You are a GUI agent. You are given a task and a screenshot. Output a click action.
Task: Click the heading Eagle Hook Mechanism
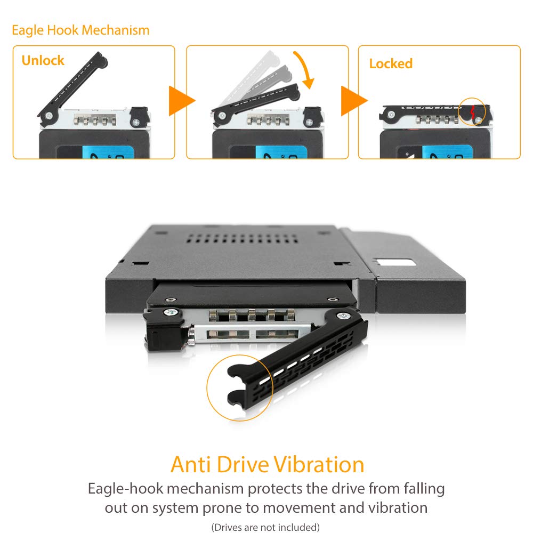tap(80, 30)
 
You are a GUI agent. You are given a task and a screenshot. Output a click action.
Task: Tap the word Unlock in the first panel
tap(43, 60)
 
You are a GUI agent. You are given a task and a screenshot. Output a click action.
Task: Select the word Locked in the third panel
tap(391, 63)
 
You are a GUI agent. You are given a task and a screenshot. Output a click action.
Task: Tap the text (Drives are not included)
tap(265, 527)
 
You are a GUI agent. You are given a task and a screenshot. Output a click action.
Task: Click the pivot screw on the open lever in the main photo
tap(339, 316)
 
